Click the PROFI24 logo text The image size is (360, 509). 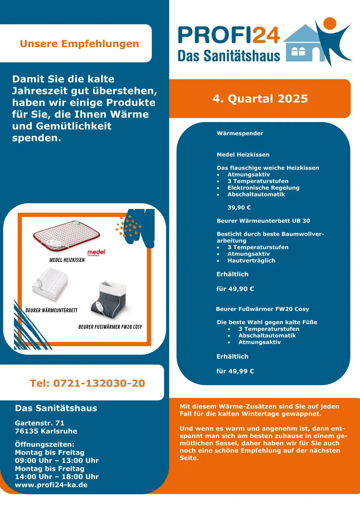229,35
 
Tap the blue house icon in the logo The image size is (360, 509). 303,45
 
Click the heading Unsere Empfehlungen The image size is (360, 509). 79,44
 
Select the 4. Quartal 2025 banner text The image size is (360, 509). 260,99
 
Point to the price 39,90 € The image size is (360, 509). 239,207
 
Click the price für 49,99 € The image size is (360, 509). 235,371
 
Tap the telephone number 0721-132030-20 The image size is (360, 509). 87,383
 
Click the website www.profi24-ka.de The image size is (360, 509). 51,485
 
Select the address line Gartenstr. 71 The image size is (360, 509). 40,423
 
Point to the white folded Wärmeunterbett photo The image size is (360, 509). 50,284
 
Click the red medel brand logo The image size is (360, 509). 96,252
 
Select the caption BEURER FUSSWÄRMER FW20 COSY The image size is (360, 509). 110,327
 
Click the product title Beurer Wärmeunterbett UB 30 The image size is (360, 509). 263,221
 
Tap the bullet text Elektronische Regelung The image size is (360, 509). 263,188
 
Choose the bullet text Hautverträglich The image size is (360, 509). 251,260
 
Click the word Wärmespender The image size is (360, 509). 240,133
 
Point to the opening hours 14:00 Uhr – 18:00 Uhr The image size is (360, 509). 57,477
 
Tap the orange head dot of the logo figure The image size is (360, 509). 329,24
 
